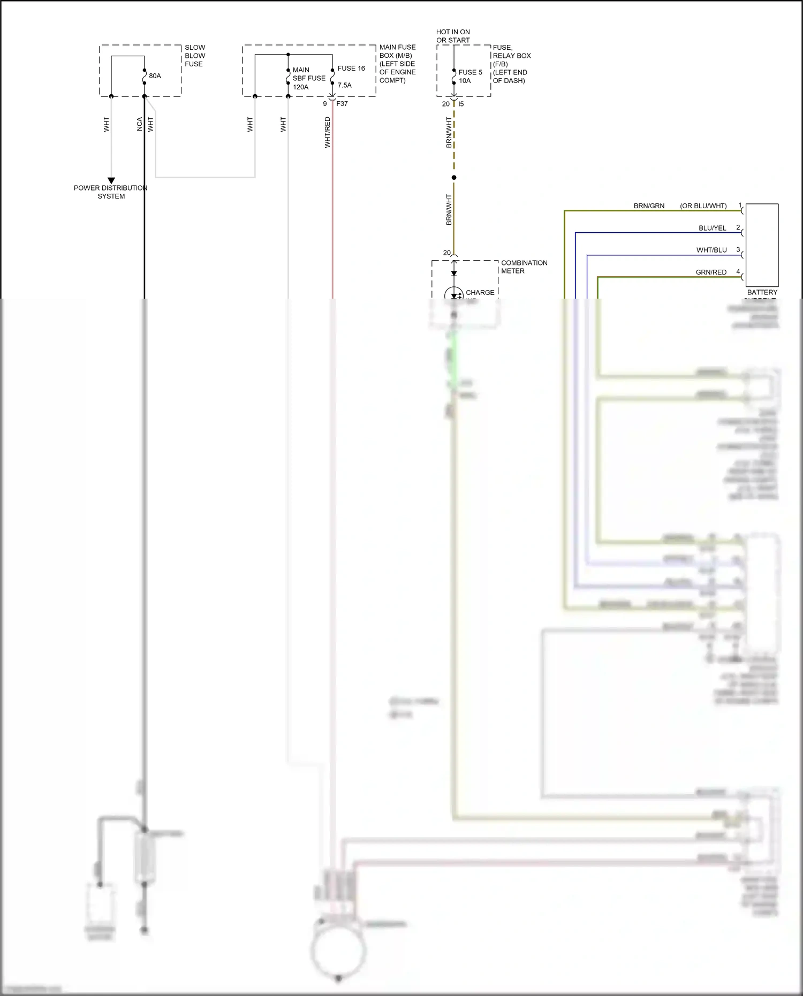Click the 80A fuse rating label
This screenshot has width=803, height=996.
click(x=155, y=76)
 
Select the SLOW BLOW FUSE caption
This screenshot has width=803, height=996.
click(x=195, y=56)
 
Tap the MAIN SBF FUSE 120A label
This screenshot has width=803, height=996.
click(x=308, y=78)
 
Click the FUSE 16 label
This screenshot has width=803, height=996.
click(x=351, y=69)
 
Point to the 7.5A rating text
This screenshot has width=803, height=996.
click(x=344, y=85)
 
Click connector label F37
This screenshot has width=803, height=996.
click(x=342, y=104)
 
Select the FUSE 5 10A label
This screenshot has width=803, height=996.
click(x=470, y=77)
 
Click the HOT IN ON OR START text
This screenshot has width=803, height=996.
click(x=453, y=36)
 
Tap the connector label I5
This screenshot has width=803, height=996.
click(x=461, y=104)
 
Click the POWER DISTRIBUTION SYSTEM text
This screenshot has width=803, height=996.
click(x=111, y=192)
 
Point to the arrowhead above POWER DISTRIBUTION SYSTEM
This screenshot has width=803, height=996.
click(x=111, y=180)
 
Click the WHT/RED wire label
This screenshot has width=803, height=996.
click(x=327, y=132)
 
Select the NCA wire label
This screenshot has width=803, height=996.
click(x=140, y=124)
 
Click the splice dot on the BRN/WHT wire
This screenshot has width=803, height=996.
click(x=454, y=178)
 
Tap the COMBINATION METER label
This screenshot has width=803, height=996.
click(x=524, y=267)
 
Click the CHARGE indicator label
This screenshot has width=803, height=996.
click(x=480, y=293)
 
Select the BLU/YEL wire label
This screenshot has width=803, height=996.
click(x=712, y=228)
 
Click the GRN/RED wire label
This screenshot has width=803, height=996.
click(x=711, y=272)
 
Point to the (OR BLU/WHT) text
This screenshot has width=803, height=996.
click(x=703, y=206)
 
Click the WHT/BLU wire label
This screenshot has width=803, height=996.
click(x=711, y=250)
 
